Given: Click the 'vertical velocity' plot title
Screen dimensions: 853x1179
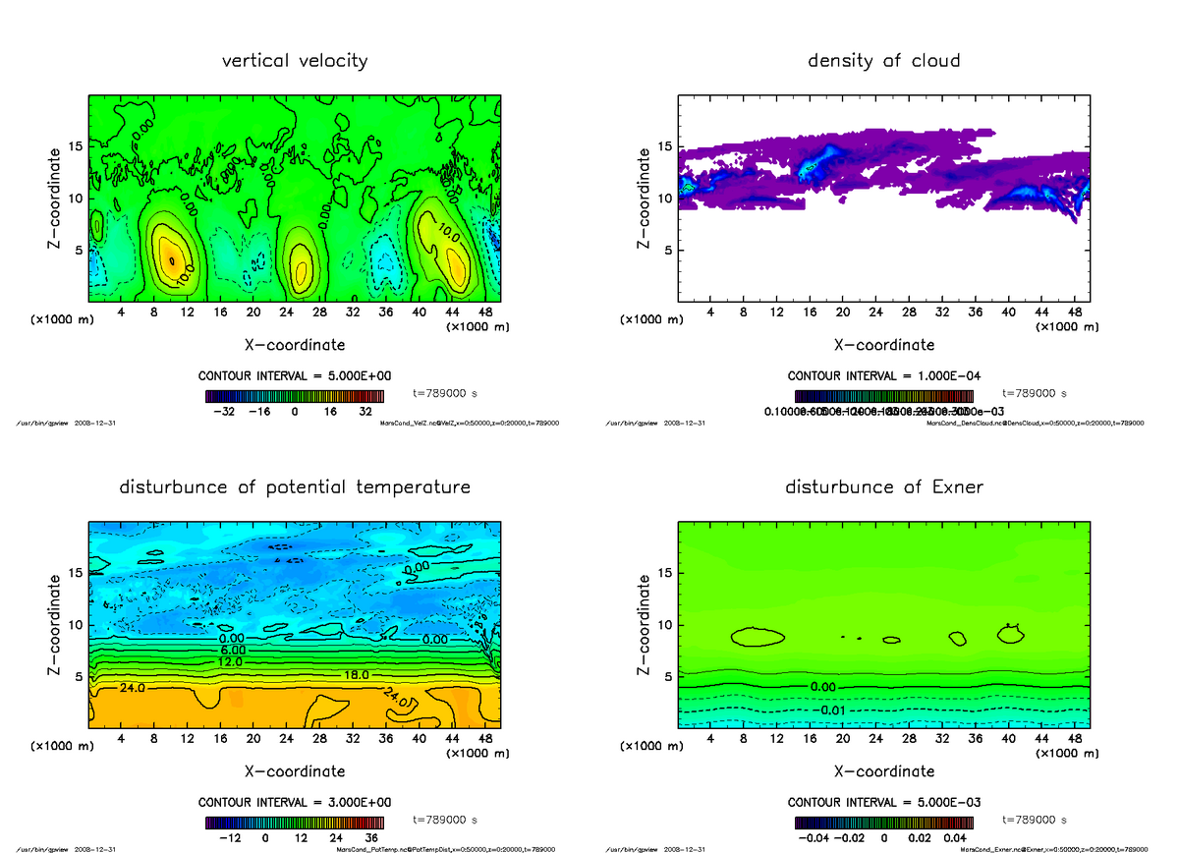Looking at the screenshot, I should [x=295, y=61].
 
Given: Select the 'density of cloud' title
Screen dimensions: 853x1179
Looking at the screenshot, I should [x=883, y=61].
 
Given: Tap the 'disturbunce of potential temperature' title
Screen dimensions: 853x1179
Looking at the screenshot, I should [x=295, y=487].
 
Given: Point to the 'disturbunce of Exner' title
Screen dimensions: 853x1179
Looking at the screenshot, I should [x=883, y=487].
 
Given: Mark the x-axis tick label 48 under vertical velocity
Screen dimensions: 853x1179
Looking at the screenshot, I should [x=485, y=313].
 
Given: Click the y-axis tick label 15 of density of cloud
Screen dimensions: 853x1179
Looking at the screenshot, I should [x=665, y=147].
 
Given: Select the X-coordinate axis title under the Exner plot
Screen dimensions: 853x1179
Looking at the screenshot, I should [x=883, y=771].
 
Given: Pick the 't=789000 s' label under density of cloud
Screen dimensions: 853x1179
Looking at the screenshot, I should [x=1035, y=393].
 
